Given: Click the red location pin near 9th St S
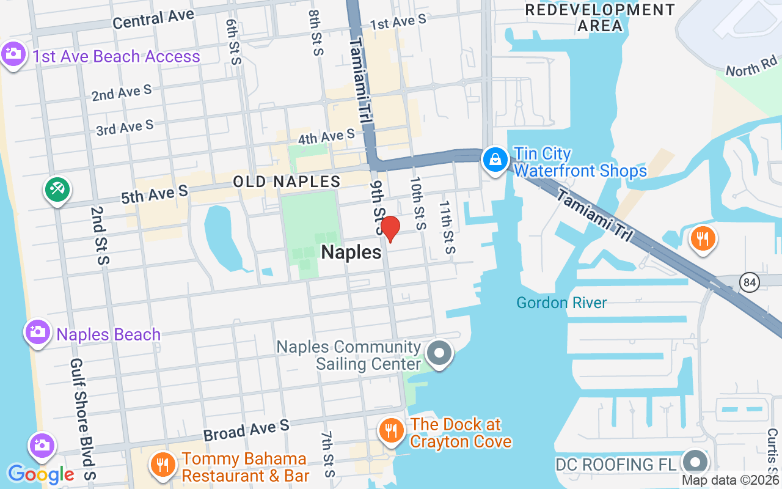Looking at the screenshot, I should pos(390,229).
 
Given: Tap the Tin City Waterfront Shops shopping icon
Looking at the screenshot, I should pos(495,160).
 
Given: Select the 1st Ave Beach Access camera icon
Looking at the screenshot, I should pos(13,54).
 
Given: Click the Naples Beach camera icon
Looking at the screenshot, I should pos(38,333).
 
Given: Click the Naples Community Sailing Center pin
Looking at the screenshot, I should pos(439,353).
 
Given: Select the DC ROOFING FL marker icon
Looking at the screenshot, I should pos(695,462).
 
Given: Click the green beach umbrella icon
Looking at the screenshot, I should pos(57,189).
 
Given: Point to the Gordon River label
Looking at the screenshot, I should pos(561,303).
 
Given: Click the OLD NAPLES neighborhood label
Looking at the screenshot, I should pos(287,182).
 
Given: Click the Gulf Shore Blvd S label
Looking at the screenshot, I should pos(82,419).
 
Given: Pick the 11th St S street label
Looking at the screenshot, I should pos(447,227).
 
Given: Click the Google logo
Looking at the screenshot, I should pos(41,474).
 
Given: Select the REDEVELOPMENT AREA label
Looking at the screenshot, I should pos(600,18).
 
